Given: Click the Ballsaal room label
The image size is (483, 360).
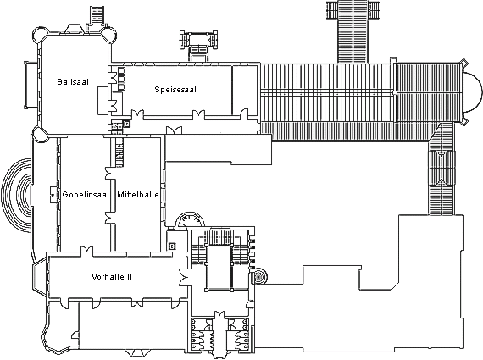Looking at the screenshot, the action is coord(73,82).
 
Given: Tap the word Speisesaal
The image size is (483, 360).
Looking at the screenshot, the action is coord(175,90).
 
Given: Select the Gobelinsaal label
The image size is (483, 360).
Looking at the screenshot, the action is coord(86,195).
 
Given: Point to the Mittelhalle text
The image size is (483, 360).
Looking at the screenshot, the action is coord(138,195).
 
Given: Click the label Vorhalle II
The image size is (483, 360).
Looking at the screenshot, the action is coord(112,277).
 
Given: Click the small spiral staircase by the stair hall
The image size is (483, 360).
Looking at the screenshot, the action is coord(259,277).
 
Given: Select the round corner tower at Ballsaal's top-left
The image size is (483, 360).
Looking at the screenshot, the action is coord(41,35).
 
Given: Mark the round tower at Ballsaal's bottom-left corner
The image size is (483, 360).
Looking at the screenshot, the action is coord(41,135).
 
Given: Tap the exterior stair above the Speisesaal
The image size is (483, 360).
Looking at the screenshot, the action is coord(198,46).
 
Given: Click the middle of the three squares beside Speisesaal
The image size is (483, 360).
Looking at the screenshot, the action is coord(121,78).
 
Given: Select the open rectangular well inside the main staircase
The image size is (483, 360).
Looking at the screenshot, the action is coord(219,268).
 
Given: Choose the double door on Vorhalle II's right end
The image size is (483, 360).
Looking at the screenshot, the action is coord(184,277).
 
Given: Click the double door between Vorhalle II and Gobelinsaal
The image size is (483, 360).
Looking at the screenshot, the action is coord(86,251).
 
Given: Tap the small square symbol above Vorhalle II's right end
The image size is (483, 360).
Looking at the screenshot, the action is coord(172,246).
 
